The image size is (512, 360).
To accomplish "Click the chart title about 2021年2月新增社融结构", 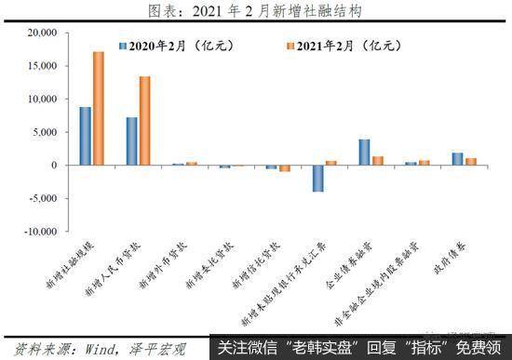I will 255,10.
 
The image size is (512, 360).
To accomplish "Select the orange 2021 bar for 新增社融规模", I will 99,108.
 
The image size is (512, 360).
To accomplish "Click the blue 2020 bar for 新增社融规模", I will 86,136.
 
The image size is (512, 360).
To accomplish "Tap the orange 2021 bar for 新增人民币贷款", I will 144,121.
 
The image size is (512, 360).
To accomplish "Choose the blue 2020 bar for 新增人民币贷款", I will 132,141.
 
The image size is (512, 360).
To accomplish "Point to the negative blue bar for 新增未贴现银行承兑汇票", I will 317,179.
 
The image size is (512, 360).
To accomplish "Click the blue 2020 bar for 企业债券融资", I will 364,153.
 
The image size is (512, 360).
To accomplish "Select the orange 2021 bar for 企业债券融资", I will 377,161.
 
